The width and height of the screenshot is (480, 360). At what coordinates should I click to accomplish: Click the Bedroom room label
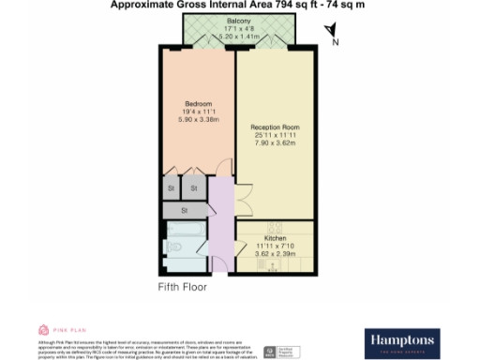[198, 102]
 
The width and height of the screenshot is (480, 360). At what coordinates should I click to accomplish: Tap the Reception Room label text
[275, 126]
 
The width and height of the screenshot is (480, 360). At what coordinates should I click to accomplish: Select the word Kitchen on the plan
[275, 225]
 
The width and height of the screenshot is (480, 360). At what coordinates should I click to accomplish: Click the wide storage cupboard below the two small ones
[184, 211]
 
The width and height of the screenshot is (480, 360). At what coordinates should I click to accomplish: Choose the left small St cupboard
[172, 188]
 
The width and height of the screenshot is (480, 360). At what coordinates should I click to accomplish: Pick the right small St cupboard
[194, 188]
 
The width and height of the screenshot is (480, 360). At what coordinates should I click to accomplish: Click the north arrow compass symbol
[329, 36]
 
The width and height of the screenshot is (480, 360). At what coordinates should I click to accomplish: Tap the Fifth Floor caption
[182, 287]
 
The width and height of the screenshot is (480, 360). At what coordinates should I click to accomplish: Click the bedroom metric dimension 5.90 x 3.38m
[198, 119]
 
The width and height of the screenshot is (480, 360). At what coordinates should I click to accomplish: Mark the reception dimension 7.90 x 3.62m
[275, 142]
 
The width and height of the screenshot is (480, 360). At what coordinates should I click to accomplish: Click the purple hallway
[221, 225]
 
